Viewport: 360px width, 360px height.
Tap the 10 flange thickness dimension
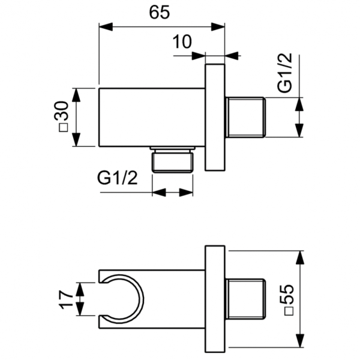(x=181, y=42)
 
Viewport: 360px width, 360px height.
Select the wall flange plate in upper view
(x=215, y=117)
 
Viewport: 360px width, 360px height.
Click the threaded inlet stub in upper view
(x=246, y=117)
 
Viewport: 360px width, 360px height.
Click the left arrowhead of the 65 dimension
(x=104, y=26)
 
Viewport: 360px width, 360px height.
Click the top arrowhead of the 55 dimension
(x=300, y=256)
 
